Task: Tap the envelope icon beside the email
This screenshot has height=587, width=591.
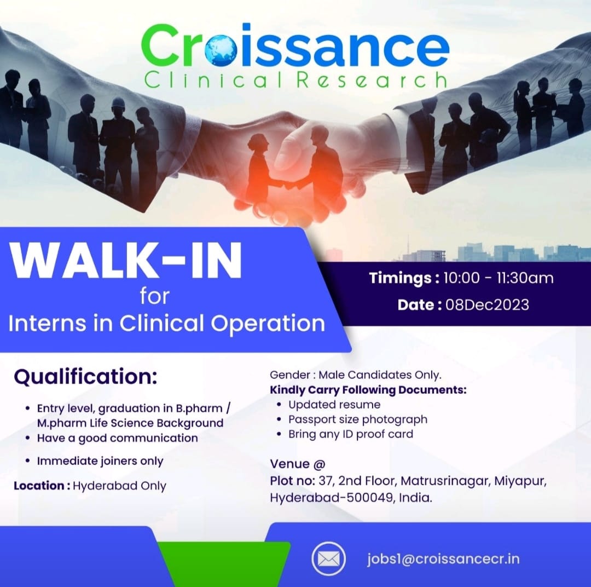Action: click(x=329, y=559)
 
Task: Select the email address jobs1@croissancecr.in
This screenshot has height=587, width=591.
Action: click(x=444, y=559)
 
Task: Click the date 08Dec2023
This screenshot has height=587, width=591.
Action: click(x=488, y=305)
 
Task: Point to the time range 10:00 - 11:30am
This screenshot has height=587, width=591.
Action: click(x=499, y=278)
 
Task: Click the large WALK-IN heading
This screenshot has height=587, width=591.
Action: click(x=126, y=260)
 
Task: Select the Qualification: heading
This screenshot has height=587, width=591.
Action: click(x=85, y=377)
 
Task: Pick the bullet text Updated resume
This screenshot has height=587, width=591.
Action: click(x=334, y=405)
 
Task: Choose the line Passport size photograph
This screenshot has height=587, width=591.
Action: click(x=358, y=419)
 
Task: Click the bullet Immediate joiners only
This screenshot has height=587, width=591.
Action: click(x=100, y=461)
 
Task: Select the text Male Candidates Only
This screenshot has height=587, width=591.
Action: click(x=380, y=375)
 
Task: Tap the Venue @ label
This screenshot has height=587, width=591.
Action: click(x=297, y=464)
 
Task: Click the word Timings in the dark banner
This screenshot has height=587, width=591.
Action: click(x=400, y=278)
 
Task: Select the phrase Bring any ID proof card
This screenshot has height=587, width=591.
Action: click(x=351, y=434)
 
